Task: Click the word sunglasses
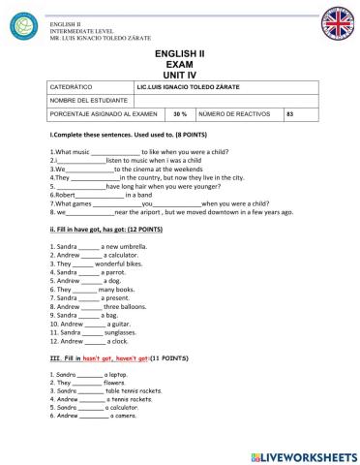coord(120,331)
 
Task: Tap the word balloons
coord(130,305)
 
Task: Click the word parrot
coord(109,272)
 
